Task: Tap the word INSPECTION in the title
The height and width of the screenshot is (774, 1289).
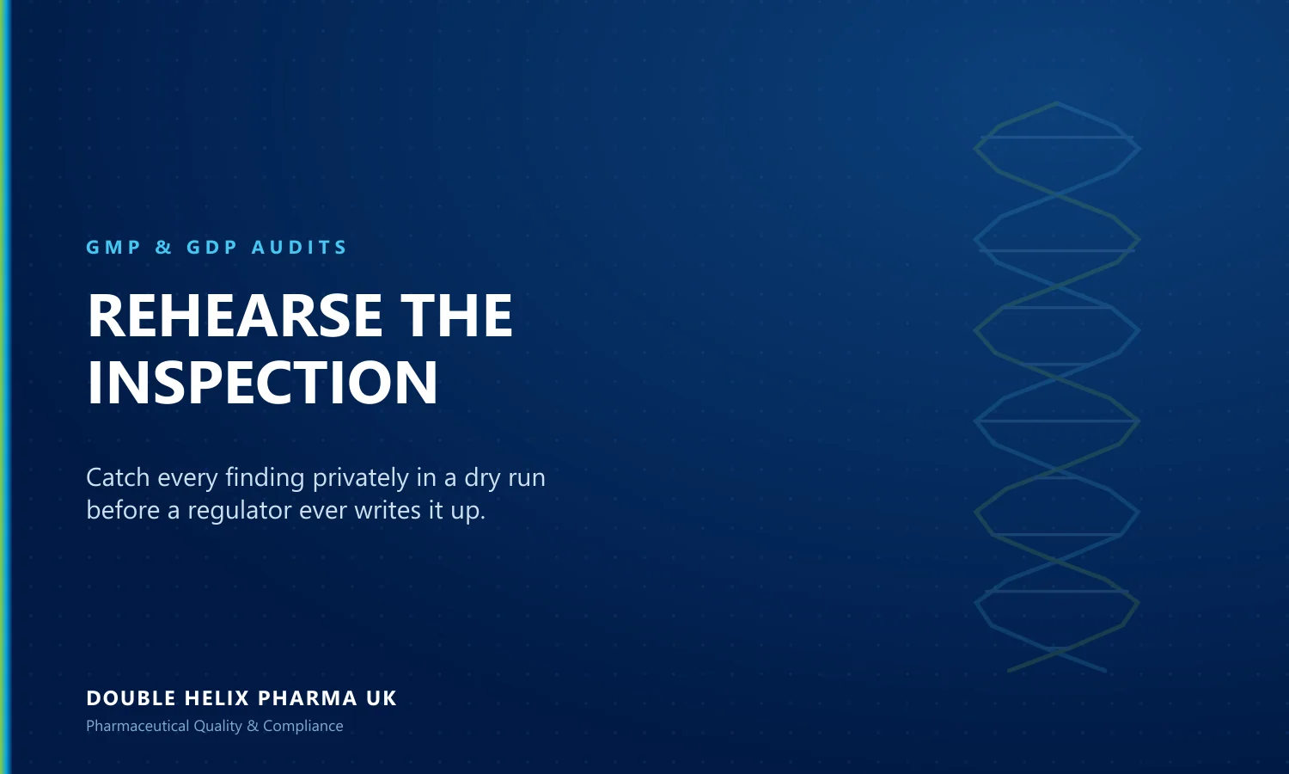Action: pos(262,383)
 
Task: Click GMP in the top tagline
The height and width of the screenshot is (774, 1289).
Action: pos(113,247)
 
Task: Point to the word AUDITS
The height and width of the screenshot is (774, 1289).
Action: pos(299,247)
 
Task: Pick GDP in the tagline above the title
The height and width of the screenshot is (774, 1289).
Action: pos(211,247)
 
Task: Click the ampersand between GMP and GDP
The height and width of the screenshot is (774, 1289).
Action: pos(163,247)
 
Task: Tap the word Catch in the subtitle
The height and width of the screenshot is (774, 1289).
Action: pos(118,477)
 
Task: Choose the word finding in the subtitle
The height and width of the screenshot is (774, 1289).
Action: pos(265,478)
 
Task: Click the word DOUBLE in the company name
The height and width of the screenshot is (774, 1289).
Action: pos(131,698)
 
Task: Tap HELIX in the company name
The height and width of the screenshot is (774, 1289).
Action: pos(217,698)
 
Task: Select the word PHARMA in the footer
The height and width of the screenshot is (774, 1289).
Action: pos(308,698)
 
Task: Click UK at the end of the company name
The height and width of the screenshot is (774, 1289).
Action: pos(382,698)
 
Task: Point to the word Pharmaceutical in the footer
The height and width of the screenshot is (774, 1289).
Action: pos(137,726)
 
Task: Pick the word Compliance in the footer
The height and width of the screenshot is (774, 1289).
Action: pos(303,726)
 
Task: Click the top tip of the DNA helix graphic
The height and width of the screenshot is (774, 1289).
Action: pos(1056,103)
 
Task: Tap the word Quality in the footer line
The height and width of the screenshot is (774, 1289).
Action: pos(218,726)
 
